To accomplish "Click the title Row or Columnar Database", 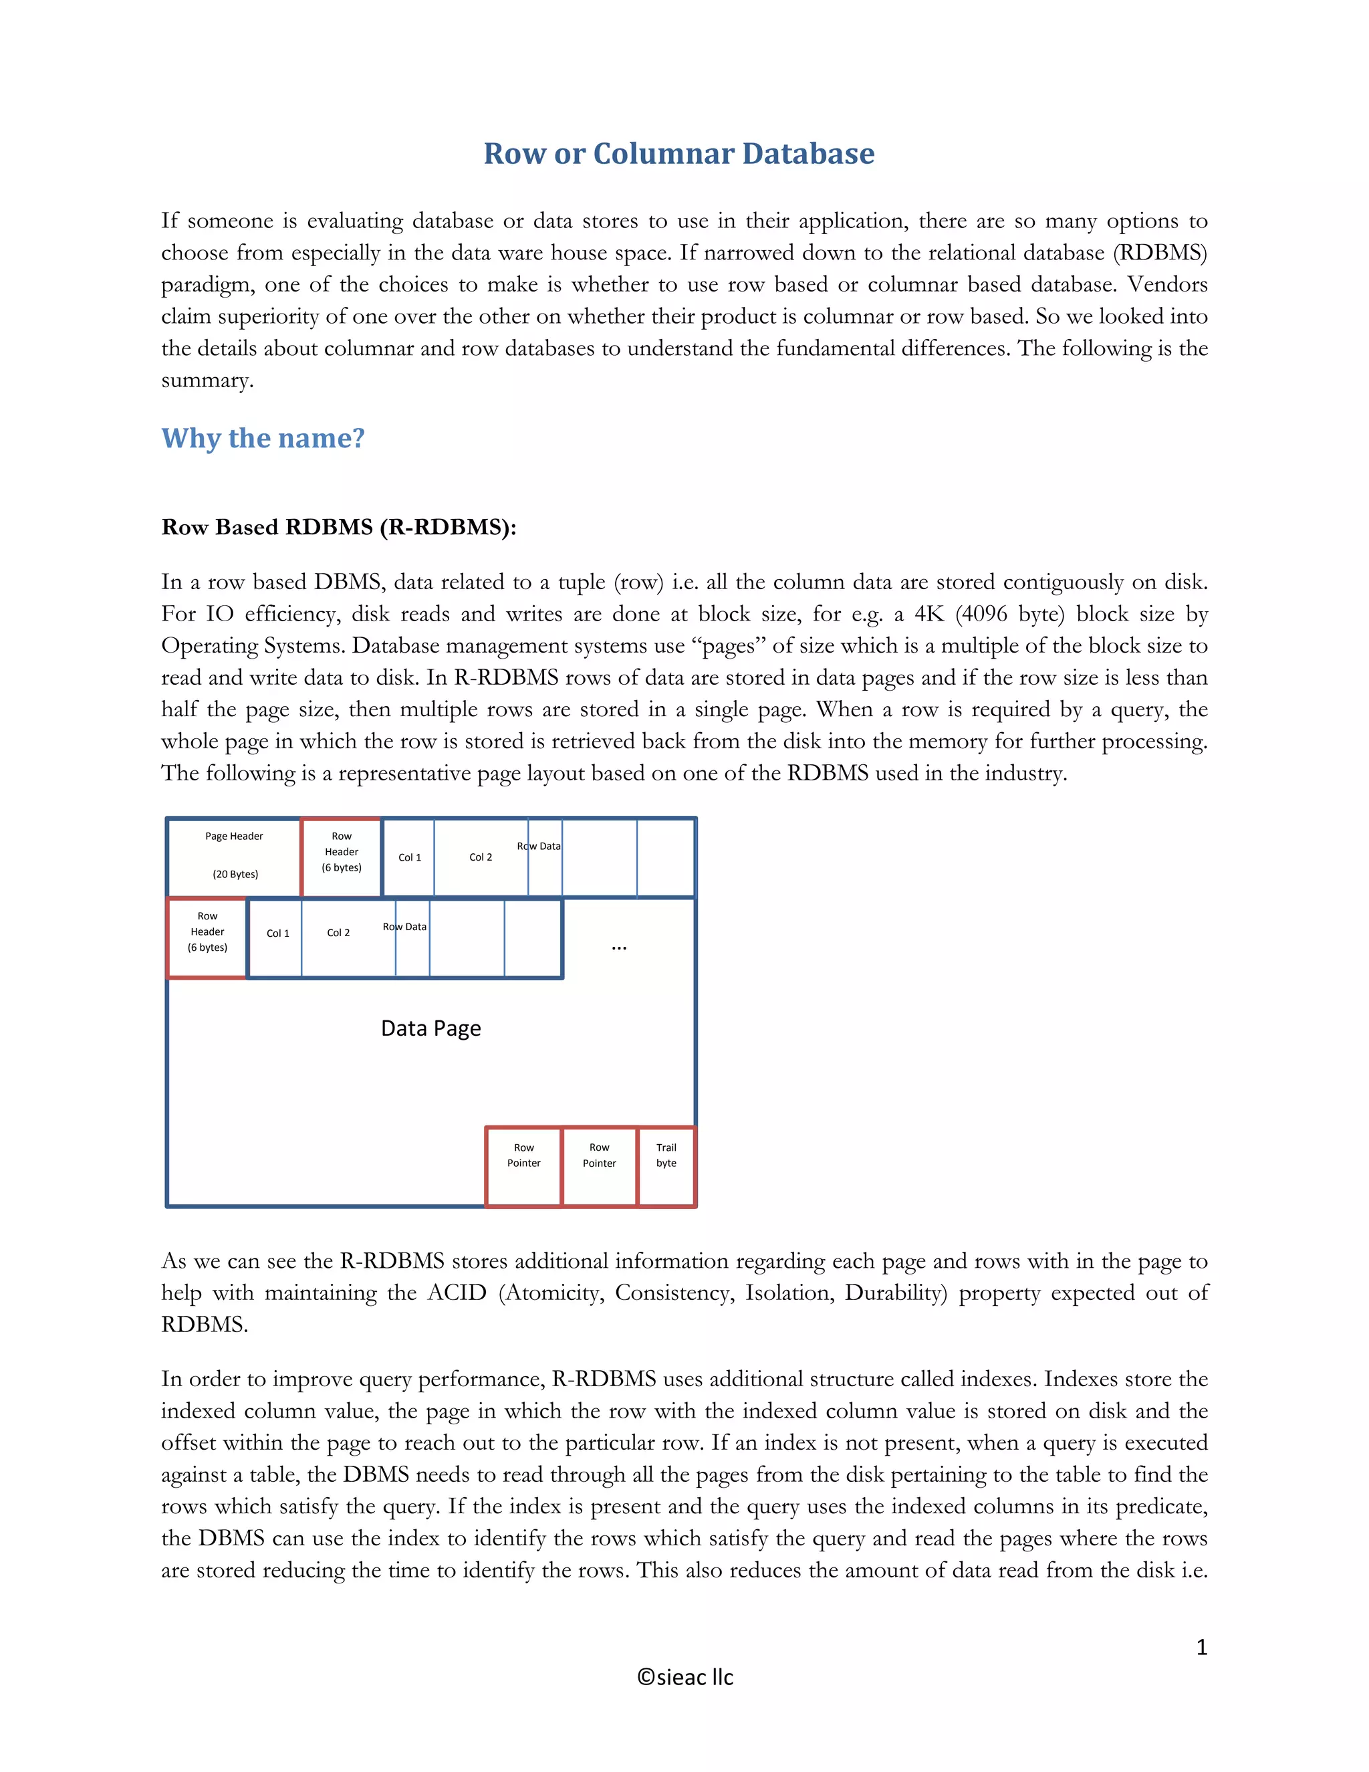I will pyautogui.click(x=679, y=153).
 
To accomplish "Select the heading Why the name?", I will pyautogui.click(x=263, y=438).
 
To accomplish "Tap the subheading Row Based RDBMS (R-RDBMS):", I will pyautogui.click(x=338, y=528).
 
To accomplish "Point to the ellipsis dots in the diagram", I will pyautogui.click(x=619, y=948).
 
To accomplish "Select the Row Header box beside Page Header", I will pyautogui.click(x=342, y=856).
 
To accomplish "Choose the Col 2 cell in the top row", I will pyautogui.click(x=480, y=857).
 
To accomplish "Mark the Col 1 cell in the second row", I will pyautogui.click(x=277, y=933).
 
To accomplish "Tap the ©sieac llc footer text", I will pyautogui.click(x=684, y=1677).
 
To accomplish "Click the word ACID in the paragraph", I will pyautogui.click(x=457, y=1293).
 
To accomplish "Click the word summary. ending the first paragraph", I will pyautogui.click(x=207, y=380).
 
